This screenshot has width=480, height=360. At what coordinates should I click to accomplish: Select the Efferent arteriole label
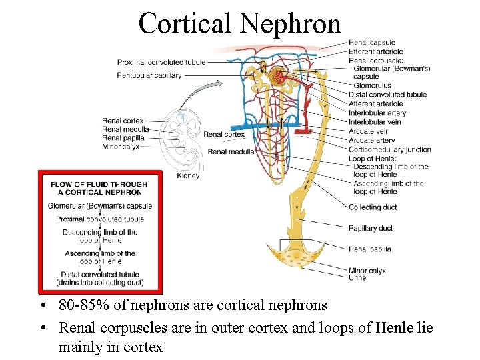pyautogui.click(x=375, y=51)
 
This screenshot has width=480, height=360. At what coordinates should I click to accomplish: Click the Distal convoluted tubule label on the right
pyautogui.click(x=387, y=95)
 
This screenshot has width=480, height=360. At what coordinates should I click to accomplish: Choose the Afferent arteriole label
pyautogui.click(x=375, y=103)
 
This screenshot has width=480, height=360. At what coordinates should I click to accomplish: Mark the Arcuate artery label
pyautogui.click(x=371, y=141)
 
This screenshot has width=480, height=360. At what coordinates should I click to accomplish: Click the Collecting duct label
pyautogui.click(x=372, y=207)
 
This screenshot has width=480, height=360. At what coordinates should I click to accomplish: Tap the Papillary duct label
pyautogui.click(x=370, y=228)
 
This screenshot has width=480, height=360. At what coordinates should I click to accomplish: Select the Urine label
pyautogui.click(x=357, y=278)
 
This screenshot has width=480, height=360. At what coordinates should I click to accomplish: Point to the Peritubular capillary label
pyautogui.click(x=149, y=75)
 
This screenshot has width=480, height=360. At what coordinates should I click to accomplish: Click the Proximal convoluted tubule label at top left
pyautogui.click(x=161, y=62)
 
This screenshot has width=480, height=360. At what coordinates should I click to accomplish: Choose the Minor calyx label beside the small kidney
pyautogui.click(x=121, y=147)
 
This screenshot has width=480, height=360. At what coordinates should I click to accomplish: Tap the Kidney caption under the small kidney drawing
pyautogui.click(x=188, y=176)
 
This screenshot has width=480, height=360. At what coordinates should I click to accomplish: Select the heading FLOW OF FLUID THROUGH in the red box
pyautogui.click(x=99, y=184)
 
